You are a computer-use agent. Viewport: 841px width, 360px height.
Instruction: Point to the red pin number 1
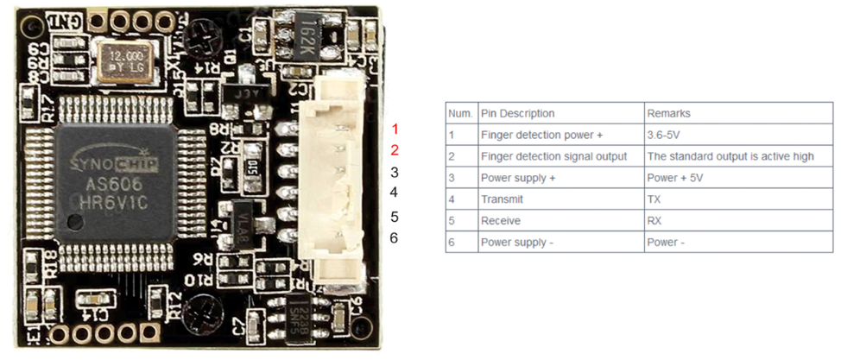395,129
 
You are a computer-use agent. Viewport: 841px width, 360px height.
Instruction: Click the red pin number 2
395,150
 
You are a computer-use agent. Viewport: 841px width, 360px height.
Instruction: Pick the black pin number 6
394,237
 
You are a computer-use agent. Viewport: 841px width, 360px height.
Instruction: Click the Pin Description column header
517,113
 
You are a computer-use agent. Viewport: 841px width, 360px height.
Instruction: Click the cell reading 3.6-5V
663,135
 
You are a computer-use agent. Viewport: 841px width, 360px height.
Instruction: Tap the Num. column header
460,113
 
